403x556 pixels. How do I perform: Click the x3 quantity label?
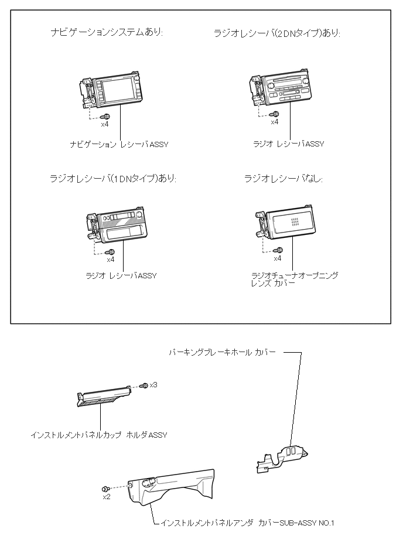coord(153,385)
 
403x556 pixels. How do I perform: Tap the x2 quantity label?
coord(107,497)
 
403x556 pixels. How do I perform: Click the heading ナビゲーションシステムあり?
coord(107,32)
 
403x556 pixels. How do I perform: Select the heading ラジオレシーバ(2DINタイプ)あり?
coord(277,33)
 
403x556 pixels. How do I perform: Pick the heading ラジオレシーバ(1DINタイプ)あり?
coord(113,178)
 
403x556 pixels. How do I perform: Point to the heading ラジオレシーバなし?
coord(284,178)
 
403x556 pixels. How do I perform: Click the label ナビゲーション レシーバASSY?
coord(119,144)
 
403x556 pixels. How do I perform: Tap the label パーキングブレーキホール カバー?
coord(222,352)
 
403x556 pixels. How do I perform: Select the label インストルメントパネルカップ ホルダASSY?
coord(99,435)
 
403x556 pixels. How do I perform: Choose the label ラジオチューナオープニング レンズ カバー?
coord(294,279)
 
